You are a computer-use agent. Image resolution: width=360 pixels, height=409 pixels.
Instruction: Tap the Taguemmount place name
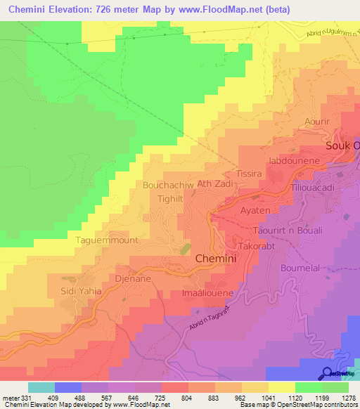(x=107, y=240)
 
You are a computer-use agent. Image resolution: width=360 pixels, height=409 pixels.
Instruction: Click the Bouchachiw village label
(x=168, y=186)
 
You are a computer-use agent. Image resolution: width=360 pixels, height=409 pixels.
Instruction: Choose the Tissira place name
(x=249, y=174)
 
